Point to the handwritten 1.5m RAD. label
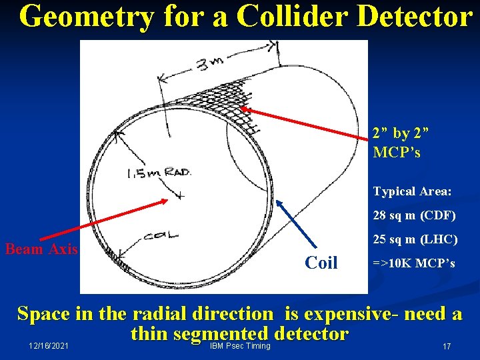point(159,173)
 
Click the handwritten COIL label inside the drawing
point(161,235)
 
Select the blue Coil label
point(321,263)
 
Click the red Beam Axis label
point(41,249)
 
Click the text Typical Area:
point(412,192)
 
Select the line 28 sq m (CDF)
point(414,215)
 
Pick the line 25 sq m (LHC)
point(414,239)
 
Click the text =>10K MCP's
point(414,263)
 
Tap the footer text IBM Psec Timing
point(239,345)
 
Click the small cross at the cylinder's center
point(179,195)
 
